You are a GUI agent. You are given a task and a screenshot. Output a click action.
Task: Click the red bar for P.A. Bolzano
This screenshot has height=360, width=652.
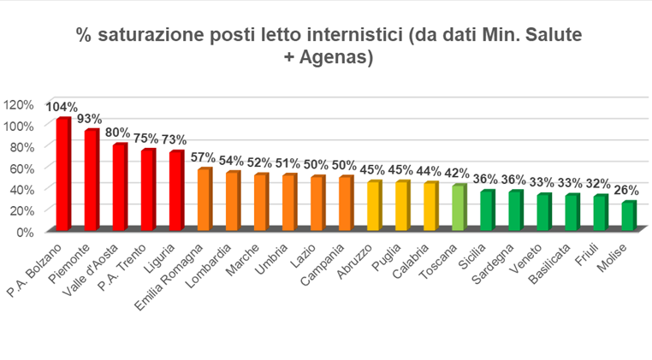[x=62, y=174]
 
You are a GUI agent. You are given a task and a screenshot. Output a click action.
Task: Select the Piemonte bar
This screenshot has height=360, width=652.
[x=91, y=180]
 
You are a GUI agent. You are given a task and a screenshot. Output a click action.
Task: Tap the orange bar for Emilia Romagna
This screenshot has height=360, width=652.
[x=204, y=200]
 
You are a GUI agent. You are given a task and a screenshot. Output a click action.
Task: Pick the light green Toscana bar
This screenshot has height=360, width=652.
[x=458, y=208]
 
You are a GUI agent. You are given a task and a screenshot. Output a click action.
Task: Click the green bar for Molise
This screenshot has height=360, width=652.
[x=627, y=216]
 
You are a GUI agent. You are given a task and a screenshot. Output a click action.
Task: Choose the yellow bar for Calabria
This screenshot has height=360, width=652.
[x=430, y=207]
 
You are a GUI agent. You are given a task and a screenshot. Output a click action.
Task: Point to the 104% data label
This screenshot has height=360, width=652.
[x=62, y=108]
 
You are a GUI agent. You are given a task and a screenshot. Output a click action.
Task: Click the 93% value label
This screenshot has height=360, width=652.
[x=90, y=119]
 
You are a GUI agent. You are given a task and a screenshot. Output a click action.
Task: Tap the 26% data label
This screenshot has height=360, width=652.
[x=629, y=192]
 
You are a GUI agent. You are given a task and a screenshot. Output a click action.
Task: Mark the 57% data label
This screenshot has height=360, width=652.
[x=204, y=157]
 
